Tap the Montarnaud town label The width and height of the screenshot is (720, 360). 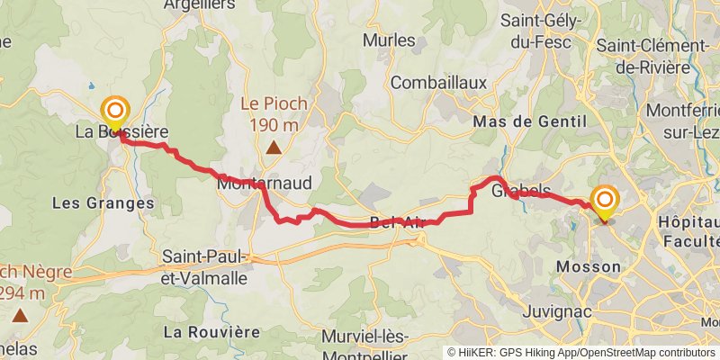[x=264, y=183]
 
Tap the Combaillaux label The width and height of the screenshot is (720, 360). [x=439, y=83]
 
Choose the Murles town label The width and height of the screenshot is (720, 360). [x=389, y=40]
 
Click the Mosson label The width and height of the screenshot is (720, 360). [x=589, y=266]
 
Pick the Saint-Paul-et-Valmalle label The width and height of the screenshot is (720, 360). [x=204, y=267]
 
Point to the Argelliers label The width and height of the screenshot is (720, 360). [x=200, y=4]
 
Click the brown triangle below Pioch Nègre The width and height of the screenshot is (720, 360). [x=20, y=315]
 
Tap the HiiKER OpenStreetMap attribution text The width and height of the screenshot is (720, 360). [x=581, y=353]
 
